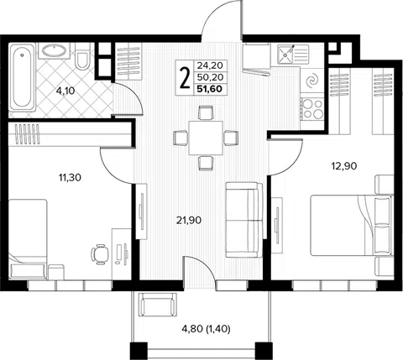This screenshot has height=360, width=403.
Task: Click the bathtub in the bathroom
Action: point(23,77)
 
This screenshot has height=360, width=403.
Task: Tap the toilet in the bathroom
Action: point(82,56)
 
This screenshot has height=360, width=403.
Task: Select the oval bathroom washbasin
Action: point(54,50)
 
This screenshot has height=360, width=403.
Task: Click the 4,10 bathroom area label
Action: point(65,91)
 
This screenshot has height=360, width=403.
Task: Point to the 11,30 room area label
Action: point(70,177)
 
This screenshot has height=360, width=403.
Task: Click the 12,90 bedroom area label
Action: point(344,166)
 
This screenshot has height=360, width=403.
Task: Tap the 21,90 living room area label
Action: point(189,221)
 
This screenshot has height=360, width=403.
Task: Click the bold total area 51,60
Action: point(209,89)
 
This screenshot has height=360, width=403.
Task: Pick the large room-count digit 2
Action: point(184,78)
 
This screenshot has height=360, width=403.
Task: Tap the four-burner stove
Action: point(312,108)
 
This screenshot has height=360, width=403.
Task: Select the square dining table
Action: point(206,138)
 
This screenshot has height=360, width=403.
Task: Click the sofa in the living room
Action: point(244,220)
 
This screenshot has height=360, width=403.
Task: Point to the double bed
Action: point(352,225)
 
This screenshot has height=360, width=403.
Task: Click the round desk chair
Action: point(100,254)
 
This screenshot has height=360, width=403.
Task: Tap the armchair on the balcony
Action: point(158,305)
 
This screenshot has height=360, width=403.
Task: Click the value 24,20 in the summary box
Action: point(210,65)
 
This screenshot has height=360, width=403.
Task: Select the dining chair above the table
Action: point(206,112)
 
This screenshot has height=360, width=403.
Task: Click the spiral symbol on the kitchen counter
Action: point(312,81)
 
